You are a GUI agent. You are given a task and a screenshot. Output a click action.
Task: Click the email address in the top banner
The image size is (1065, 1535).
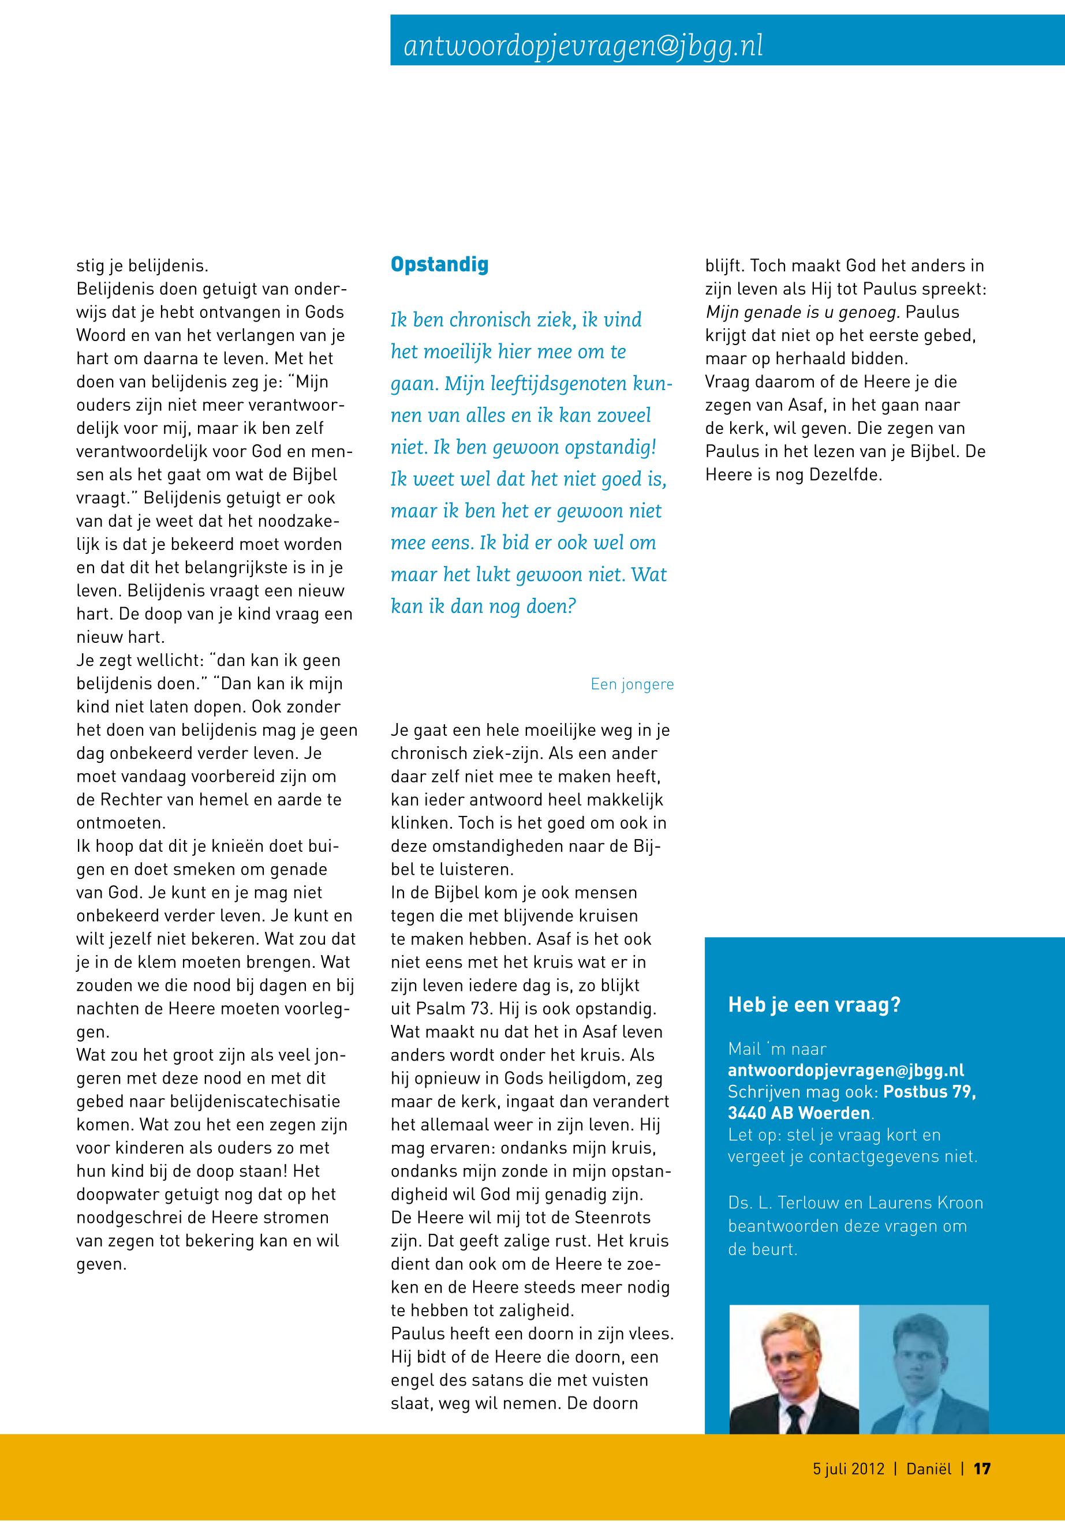(x=583, y=46)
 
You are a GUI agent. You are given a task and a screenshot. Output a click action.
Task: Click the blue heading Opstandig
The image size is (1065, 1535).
(x=439, y=264)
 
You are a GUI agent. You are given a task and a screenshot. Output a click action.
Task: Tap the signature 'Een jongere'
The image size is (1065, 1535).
(x=632, y=684)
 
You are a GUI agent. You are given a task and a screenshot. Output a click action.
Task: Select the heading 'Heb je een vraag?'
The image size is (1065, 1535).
(x=814, y=1005)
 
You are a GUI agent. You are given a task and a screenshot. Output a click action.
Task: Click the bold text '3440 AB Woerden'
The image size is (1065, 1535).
(x=799, y=1113)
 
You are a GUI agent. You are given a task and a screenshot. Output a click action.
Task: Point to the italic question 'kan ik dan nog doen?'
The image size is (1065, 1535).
(x=483, y=606)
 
